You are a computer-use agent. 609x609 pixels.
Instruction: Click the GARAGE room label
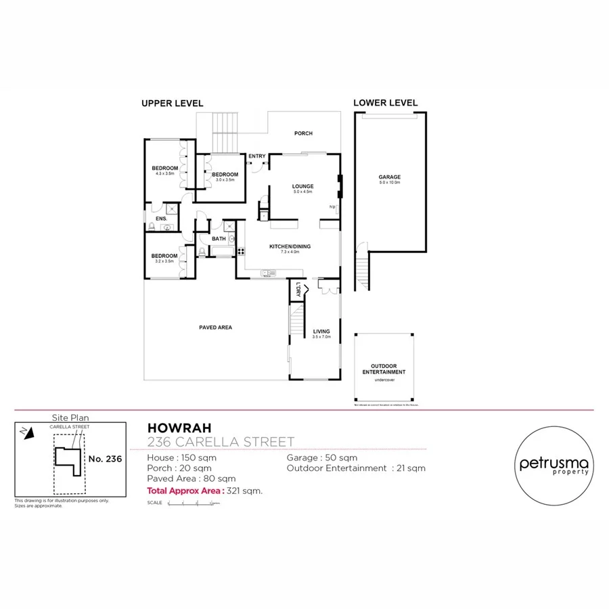coord(389,177)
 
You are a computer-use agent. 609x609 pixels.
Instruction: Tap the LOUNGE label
coord(302,186)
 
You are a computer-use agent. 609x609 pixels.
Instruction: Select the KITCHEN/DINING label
coord(290,246)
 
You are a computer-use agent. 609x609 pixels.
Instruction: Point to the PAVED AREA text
coord(215,328)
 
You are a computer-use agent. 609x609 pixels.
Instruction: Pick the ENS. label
coord(161,219)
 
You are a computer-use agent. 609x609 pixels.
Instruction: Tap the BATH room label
coord(219,238)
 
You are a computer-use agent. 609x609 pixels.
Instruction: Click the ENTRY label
coord(256,156)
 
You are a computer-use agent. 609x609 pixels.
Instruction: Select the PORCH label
coord(303,133)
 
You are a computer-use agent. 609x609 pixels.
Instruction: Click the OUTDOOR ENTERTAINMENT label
coord(384,369)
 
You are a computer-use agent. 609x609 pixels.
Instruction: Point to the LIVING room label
coord(321,332)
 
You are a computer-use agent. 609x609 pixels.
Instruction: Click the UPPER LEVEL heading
coord(172,104)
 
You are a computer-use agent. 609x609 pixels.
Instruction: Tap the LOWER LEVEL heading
coord(385,103)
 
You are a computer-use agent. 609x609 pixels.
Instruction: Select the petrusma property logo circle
coord(554,464)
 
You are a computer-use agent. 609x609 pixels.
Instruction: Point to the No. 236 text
coord(105,459)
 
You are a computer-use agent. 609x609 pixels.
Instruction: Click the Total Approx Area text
coord(185,491)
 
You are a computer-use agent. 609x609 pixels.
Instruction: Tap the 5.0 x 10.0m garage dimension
coord(390,183)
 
